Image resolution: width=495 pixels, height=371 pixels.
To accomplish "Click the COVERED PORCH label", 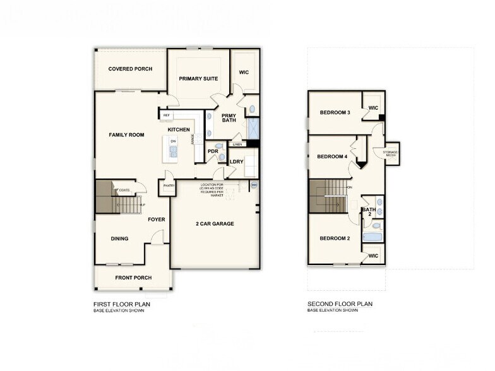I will tap(130, 69).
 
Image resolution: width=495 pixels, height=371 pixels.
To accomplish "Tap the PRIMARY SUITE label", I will tap(198, 78).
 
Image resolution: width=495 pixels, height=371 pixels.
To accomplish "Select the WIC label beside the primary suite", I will tap(244, 73).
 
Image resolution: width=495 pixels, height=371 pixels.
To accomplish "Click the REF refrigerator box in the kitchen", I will tap(167, 115).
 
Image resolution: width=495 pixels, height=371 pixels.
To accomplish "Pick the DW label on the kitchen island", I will tap(172, 141).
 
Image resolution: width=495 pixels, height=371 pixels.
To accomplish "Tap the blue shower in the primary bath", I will tap(253, 128).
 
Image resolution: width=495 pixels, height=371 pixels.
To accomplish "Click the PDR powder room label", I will tap(213, 151).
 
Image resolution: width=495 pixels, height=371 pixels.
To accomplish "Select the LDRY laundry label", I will tap(237, 162).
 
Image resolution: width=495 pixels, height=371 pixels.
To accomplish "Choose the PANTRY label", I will tap(169, 185).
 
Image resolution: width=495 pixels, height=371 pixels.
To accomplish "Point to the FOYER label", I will tap(157, 220).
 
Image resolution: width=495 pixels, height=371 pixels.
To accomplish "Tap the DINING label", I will tap(119, 238).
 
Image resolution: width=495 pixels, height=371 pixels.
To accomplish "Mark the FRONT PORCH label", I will tap(133, 278).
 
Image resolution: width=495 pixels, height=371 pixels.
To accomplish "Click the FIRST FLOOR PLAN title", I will tap(121, 303).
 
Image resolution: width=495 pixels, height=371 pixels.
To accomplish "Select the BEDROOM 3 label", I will tap(335, 112).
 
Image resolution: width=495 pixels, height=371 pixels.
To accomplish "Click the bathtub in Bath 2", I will tap(373, 238).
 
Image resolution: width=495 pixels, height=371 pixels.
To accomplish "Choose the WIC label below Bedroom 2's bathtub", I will tap(373, 256).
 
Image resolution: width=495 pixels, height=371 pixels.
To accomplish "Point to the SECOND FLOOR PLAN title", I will tap(340, 303).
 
